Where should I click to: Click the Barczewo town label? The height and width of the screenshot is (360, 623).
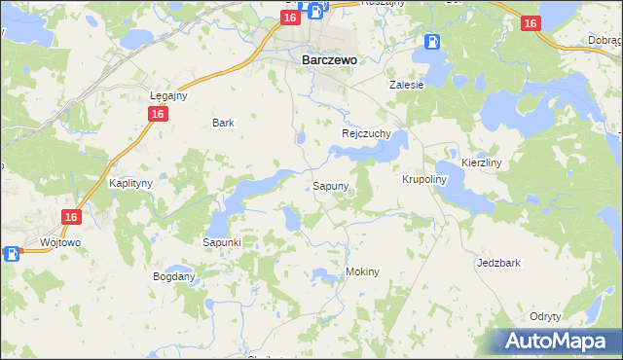pyautogui.click(x=325, y=59)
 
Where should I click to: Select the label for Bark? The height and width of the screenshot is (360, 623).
pyautogui.click(x=223, y=124)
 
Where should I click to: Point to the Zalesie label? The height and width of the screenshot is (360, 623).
pyautogui.click(x=407, y=85)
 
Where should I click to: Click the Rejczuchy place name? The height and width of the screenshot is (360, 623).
pyautogui.click(x=366, y=133)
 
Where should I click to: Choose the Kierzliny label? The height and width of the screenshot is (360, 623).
pyautogui.click(x=481, y=163)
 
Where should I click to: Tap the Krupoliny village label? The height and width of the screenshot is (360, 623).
pyautogui.click(x=423, y=180)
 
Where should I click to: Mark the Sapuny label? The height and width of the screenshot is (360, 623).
pyautogui.click(x=330, y=185)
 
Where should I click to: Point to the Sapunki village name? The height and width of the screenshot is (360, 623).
pyautogui.click(x=222, y=241)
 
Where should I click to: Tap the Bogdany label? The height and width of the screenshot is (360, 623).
pyautogui.click(x=174, y=276)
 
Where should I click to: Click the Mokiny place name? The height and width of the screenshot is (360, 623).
pyautogui.click(x=362, y=272)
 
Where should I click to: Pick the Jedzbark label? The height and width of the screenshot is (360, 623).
pyautogui.click(x=498, y=263)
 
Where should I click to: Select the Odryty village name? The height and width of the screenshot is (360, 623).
pyautogui.click(x=545, y=317)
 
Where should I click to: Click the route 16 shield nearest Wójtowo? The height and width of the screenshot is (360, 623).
pyautogui.click(x=70, y=218)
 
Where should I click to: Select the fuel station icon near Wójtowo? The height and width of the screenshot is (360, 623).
pyautogui.click(x=12, y=254)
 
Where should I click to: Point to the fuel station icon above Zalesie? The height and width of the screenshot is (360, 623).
pyautogui.click(x=432, y=42)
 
